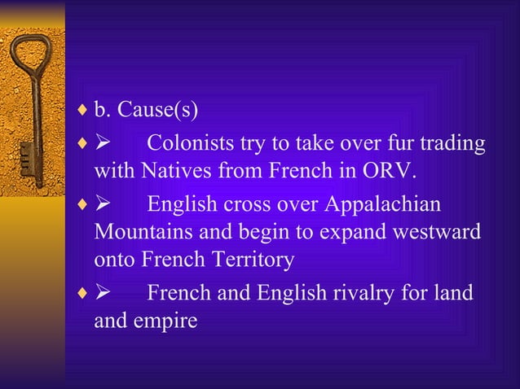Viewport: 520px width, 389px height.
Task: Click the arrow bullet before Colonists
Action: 104,145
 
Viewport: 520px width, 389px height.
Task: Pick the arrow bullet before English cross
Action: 104,203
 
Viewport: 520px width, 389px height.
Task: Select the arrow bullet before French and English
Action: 104,292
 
